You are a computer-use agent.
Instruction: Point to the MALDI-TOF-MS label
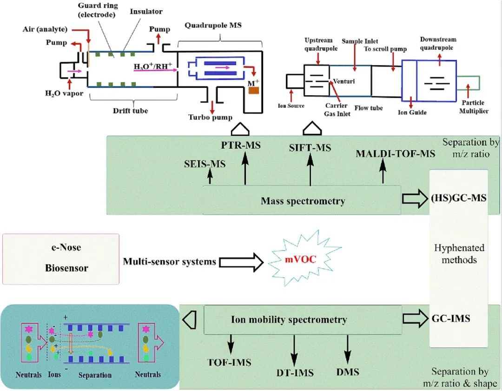pyautogui.click(x=395, y=153)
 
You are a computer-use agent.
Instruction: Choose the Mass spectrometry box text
pyautogui.click(x=303, y=201)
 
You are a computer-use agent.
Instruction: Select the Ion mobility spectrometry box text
pyautogui.click(x=289, y=319)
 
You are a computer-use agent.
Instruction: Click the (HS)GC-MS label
pyautogui.click(x=459, y=198)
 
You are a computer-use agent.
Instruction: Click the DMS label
pyautogui.click(x=348, y=372)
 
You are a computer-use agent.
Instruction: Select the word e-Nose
pyautogui.click(x=61, y=248)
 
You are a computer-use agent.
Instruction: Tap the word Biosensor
pyautogui.click(x=61, y=268)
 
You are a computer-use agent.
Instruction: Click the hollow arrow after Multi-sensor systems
pyautogui.click(x=241, y=262)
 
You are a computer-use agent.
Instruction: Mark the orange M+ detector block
pyautogui.click(x=253, y=90)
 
